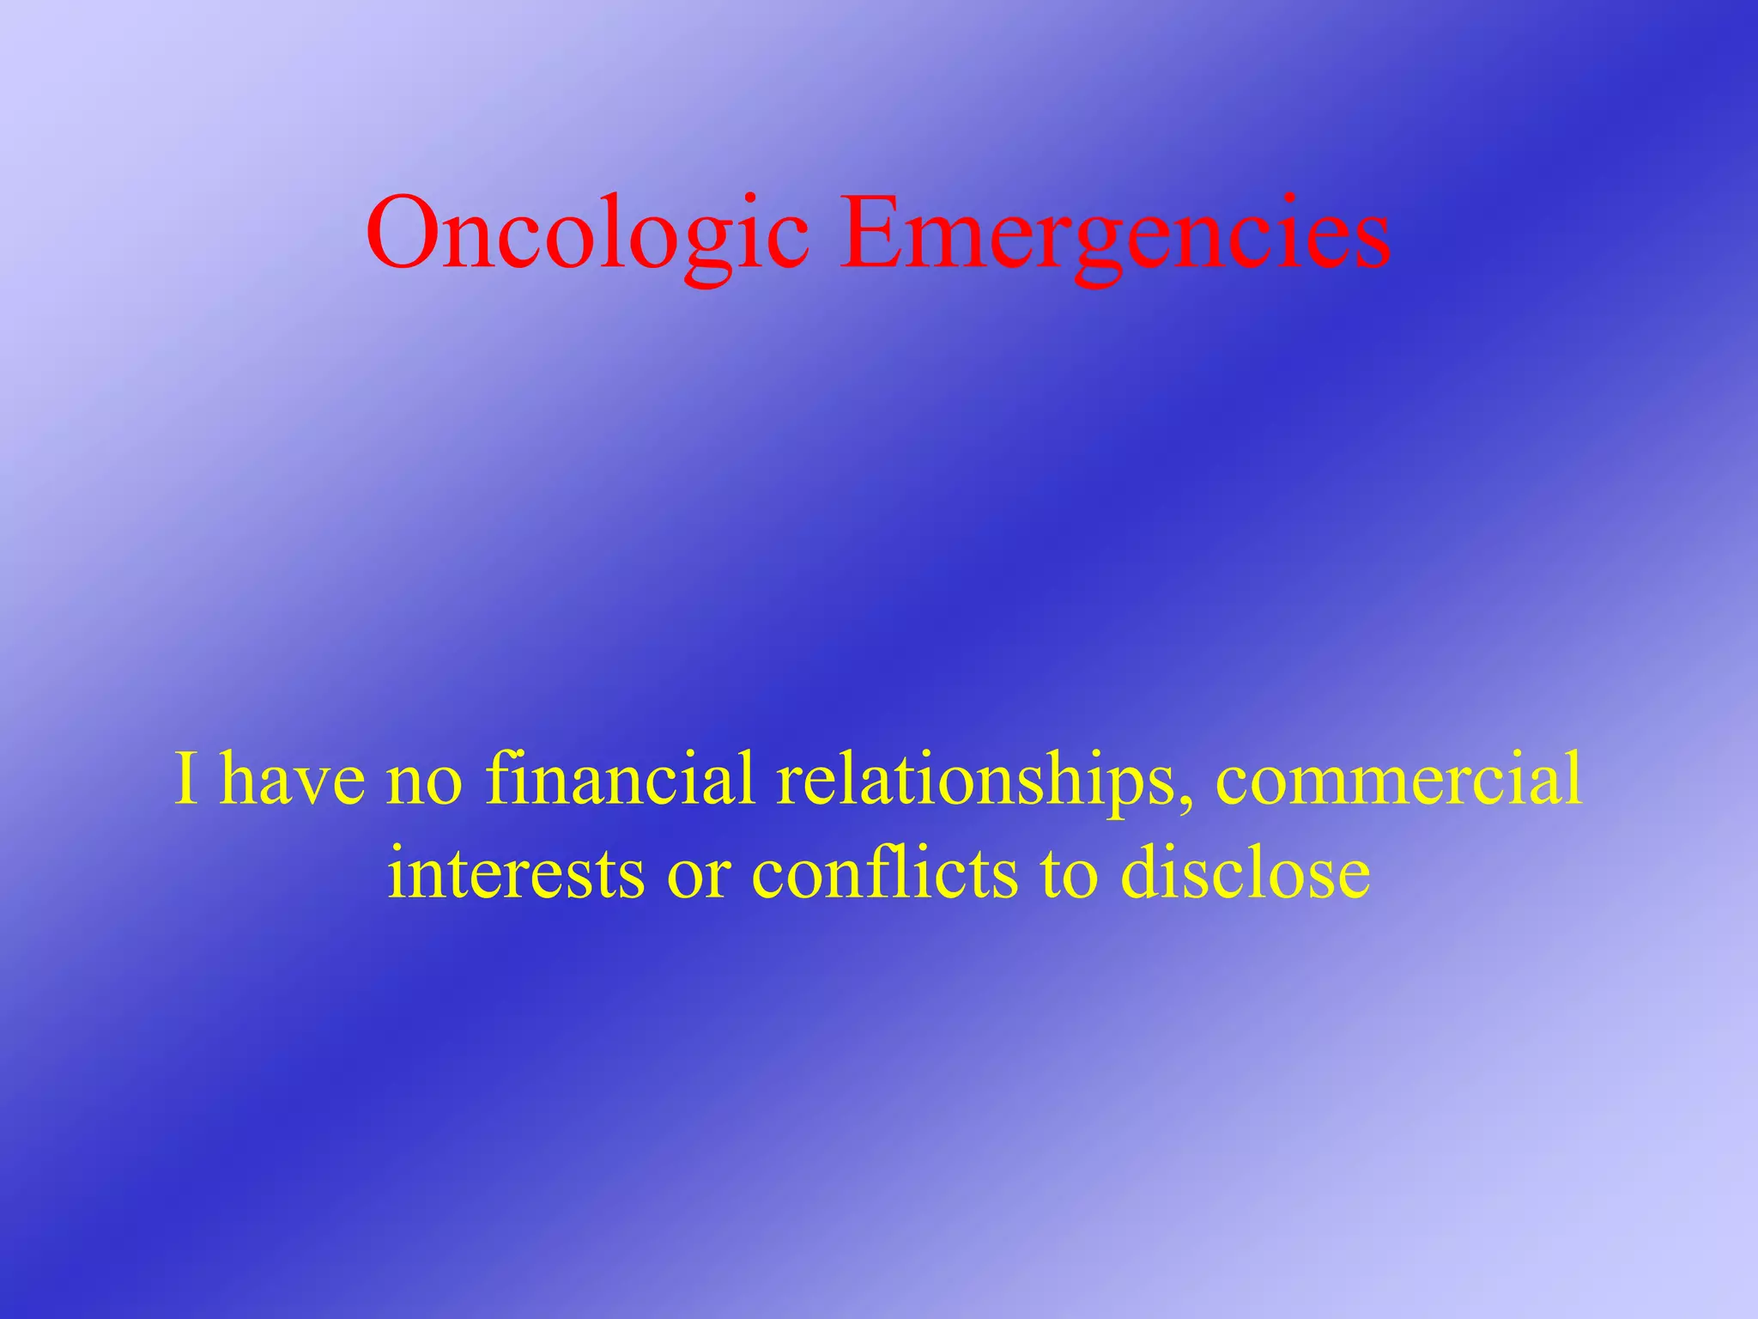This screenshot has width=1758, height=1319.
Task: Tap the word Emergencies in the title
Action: click(x=1114, y=234)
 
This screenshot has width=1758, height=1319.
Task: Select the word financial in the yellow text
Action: click(x=620, y=779)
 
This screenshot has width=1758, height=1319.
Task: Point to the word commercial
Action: click(x=1398, y=779)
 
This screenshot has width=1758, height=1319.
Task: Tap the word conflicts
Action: click(x=885, y=872)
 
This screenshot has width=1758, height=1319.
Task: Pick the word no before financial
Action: click(x=424, y=779)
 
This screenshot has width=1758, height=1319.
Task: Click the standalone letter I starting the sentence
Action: click(x=186, y=779)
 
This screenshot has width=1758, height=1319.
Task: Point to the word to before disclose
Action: click(x=1069, y=872)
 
